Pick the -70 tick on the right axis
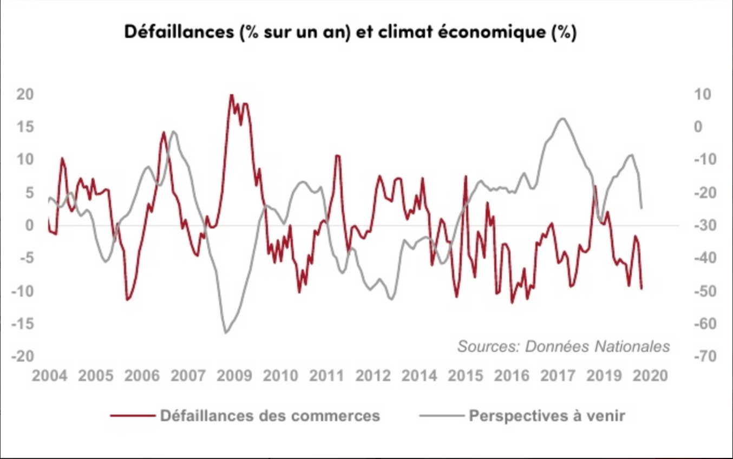[x=702, y=356]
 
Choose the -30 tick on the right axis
[x=702, y=225]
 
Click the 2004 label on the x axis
[x=50, y=376]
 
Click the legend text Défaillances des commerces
[x=270, y=416]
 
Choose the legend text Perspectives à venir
[x=547, y=416]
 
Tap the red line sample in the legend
[x=132, y=416]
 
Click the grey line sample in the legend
[x=441, y=416]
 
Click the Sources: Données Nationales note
[x=564, y=346]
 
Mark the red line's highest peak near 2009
[x=231, y=95]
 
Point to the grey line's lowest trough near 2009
[x=225, y=333]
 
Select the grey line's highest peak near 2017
[x=563, y=119]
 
